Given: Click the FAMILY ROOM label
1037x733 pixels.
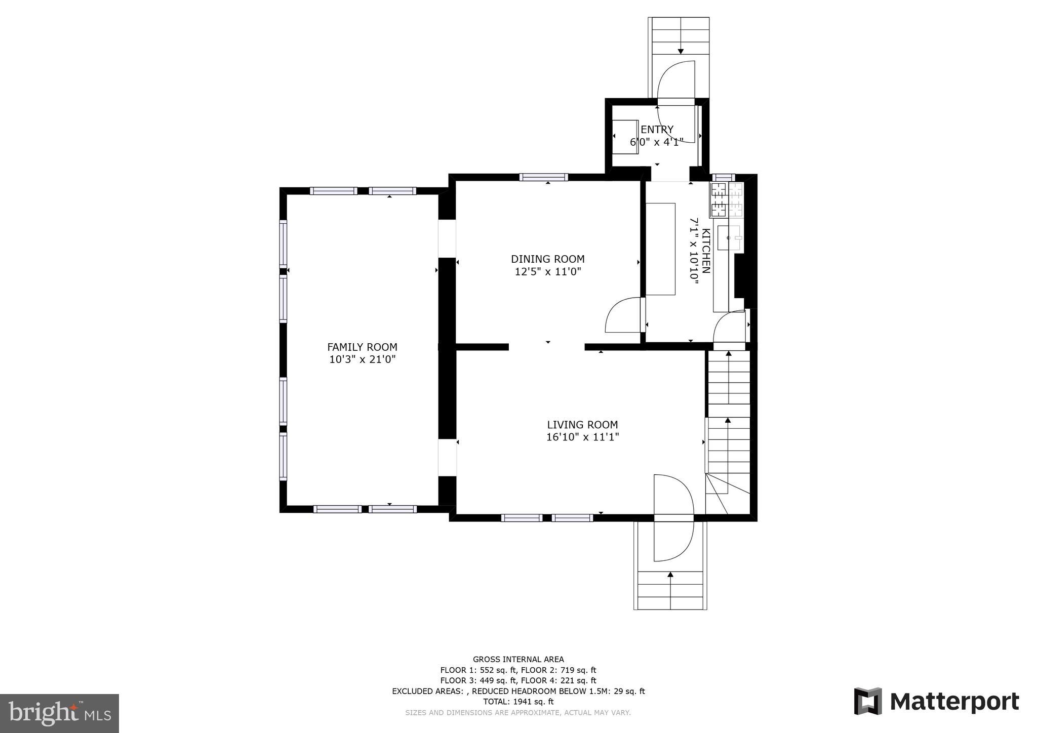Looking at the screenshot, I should [362, 347].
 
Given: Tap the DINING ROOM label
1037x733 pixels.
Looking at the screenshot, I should [547, 259].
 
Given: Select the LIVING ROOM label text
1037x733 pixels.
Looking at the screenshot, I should [582, 425].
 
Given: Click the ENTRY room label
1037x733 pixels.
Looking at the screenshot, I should [657, 130].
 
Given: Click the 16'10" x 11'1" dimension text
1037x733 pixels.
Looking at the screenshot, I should [582, 437].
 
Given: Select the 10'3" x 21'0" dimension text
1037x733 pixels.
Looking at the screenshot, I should [362, 360].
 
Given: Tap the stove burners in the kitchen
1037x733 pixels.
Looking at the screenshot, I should [719, 199].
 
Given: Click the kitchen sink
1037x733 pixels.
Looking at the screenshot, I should [729, 237].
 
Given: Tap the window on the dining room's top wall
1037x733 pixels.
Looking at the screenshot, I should [543, 177].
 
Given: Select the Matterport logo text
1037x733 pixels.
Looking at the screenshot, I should [954, 702].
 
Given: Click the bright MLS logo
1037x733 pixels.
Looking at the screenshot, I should [59, 713].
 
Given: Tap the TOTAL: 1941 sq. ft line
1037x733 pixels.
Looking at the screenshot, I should [518, 702].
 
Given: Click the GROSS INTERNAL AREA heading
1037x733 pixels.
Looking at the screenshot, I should [518, 659].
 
